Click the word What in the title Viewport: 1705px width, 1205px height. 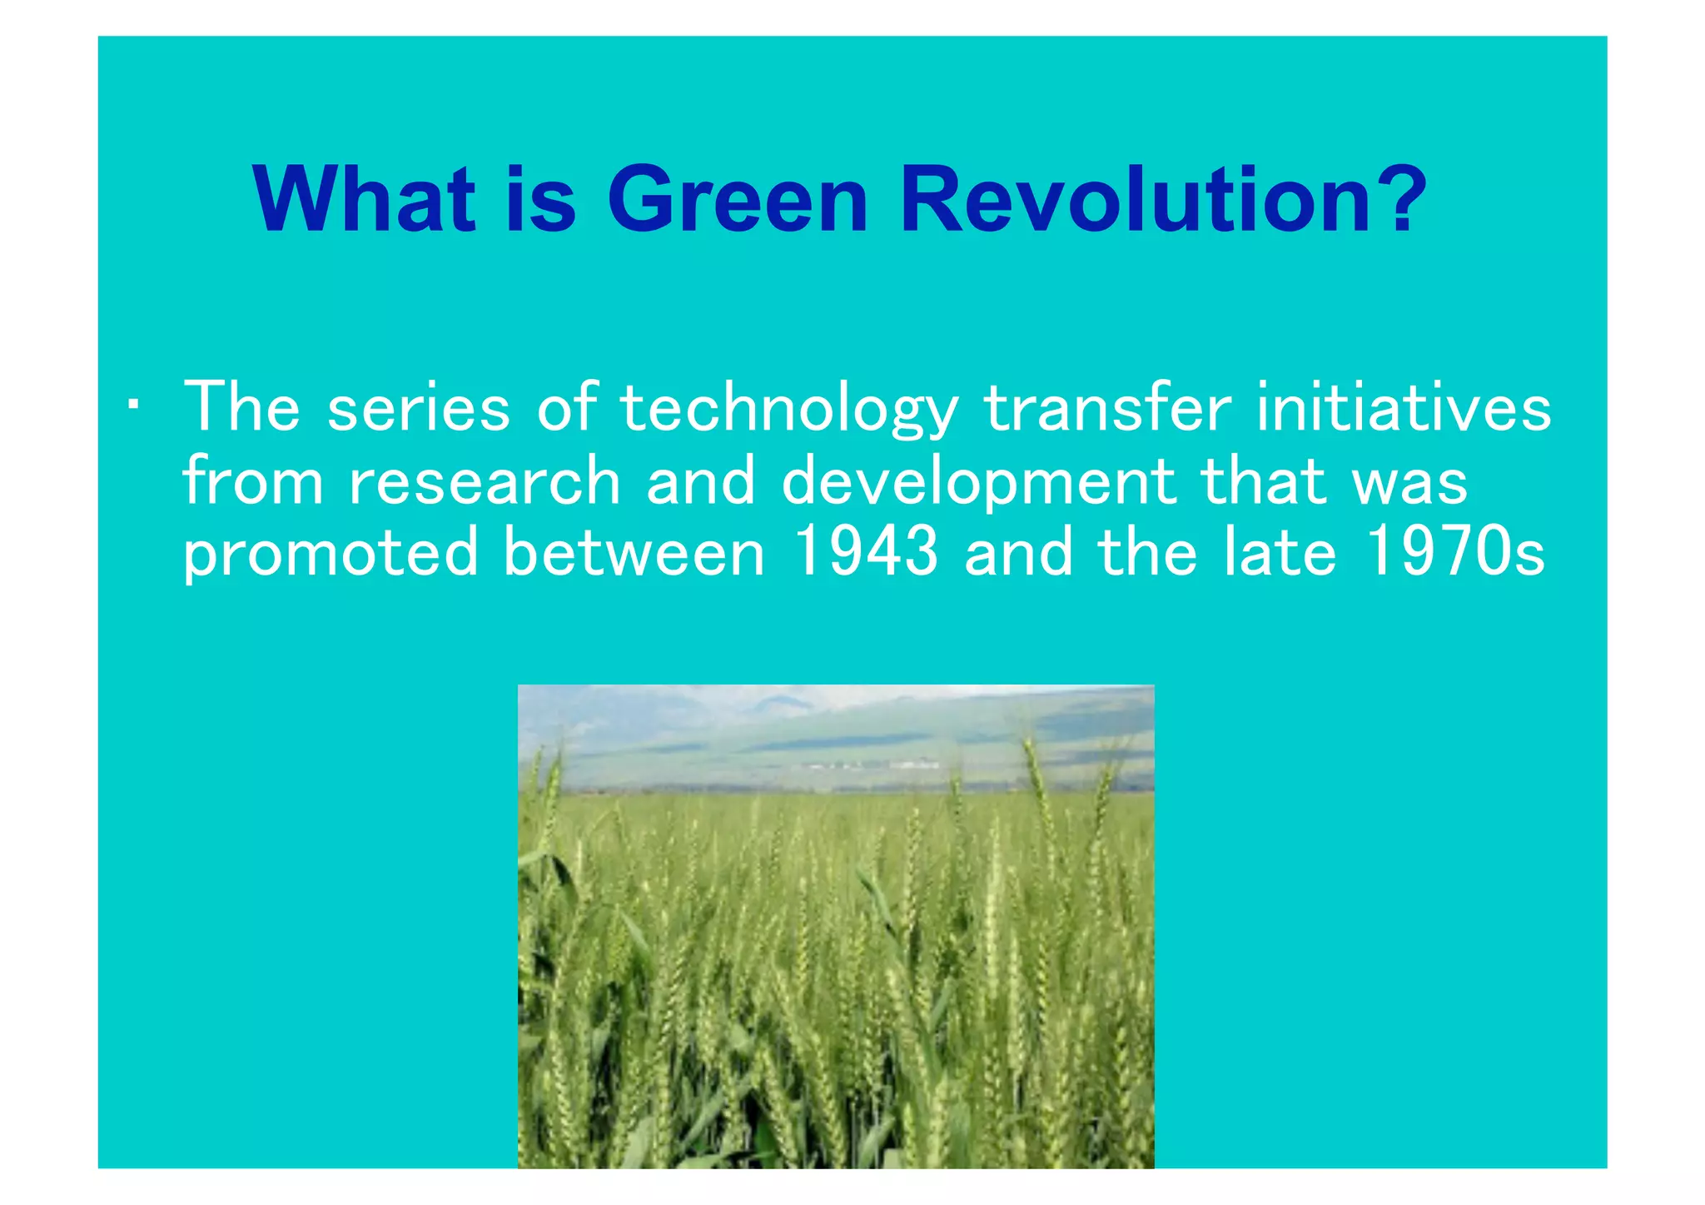click(364, 200)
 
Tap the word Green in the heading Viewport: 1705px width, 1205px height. click(738, 200)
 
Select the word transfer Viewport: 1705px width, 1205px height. click(1107, 408)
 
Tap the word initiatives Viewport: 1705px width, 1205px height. click(1404, 408)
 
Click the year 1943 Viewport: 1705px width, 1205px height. click(866, 552)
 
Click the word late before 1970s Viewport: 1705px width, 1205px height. click(1280, 552)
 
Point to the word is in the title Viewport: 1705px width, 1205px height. click(540, 200)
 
